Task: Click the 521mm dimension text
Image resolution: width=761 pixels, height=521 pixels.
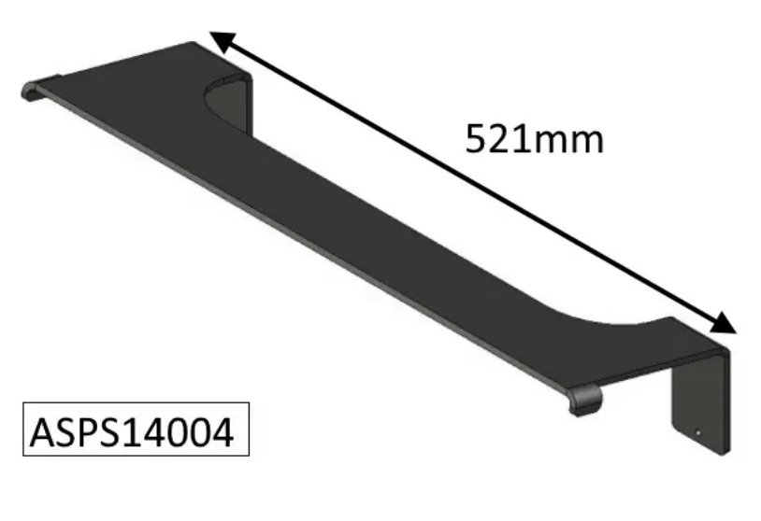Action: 534,139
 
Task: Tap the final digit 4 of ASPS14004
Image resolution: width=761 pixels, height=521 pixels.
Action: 224,431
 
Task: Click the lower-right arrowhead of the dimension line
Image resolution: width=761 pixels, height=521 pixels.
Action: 725,323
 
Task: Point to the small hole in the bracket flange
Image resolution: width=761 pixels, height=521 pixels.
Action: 700,432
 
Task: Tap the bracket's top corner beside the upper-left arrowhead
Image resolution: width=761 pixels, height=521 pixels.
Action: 194,44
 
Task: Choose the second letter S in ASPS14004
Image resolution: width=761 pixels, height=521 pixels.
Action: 108,431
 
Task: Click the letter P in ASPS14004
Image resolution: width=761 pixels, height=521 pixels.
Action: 86,431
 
